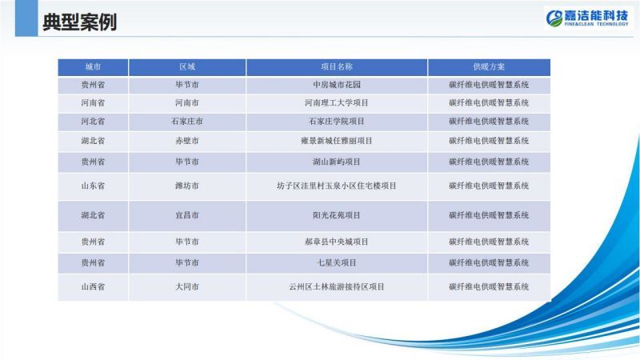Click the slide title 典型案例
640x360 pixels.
click(x=79, y=22)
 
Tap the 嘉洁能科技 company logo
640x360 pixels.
click(x=587, y=18)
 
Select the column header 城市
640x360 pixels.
click(x=93, y=67)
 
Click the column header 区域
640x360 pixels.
click(x=187, y=67)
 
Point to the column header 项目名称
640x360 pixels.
click(x=336, y=67)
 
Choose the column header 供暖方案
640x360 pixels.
click(x=489, y=67)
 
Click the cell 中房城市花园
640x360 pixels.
click(x=336, y=85)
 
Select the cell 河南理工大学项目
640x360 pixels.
click(x=336, y=103)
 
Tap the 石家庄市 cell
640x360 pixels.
click(x=187, y=122)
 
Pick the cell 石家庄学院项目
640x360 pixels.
click(x=336, y=122)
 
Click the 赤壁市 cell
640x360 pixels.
click(x=187, y=141)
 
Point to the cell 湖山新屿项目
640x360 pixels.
click(x=336, y=162)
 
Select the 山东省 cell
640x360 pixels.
click(x=93, y=186)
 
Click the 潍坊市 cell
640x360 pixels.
click(x=187, y=186)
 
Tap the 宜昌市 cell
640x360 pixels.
click(x=187, y=215)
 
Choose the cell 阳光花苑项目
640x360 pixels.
click(x=336, y=215)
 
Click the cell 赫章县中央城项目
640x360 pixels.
click(x=336, y=242)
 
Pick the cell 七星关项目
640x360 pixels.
click(x=336, y=262)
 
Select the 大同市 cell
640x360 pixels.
click(x=187, y=286)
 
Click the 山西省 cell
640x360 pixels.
click(x=93, y=286)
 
